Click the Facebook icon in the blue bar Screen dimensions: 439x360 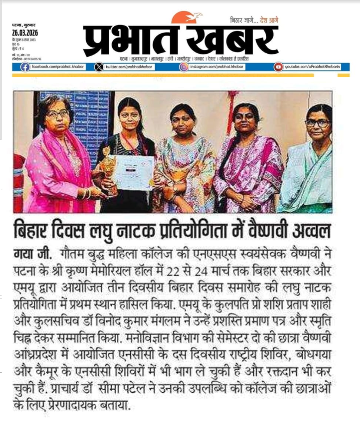click(x=25, y=67)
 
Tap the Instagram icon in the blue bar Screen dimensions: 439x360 click(x=184, y=67)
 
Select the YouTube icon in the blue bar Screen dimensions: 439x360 click(x=279, y=67)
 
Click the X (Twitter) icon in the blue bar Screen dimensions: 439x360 click(x=99, y=67)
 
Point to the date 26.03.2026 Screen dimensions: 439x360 click(x=25, y=33)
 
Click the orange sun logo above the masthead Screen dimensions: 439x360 click(x=186, y=17)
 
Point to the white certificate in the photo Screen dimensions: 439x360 click(x=134, y=173)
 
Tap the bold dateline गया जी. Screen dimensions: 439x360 click(x=30, y=256)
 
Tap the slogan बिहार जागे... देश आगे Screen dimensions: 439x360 click(x=254, y=20)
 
